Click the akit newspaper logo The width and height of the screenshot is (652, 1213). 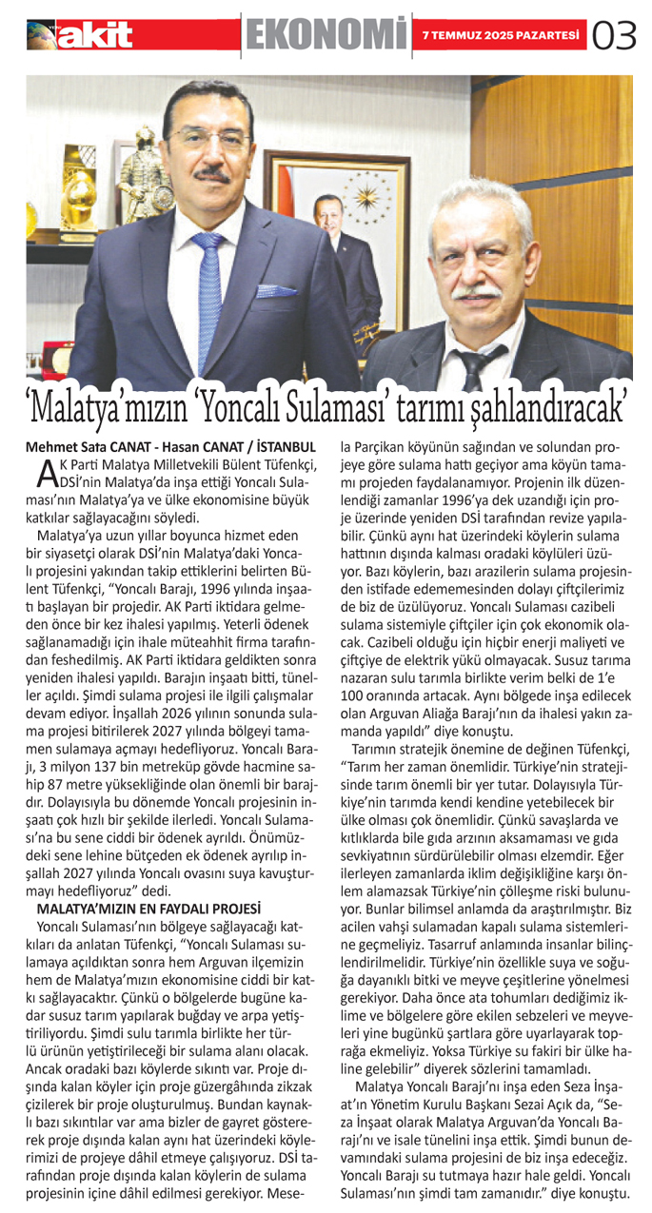click(81, 34)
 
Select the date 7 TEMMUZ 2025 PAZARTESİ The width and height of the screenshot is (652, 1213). click(502, 35)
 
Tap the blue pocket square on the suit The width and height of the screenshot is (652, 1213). click(276, 290)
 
